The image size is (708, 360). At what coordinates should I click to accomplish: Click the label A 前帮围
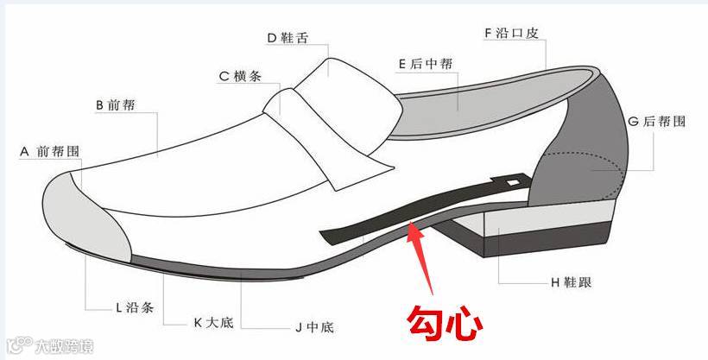[50, 150]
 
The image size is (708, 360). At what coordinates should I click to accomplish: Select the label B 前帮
[114, 105]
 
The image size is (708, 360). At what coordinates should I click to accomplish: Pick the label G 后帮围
[657, 122]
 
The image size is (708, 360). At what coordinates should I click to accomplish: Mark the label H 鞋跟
[571, 282]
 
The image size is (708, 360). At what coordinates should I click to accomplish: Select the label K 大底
[212, 323]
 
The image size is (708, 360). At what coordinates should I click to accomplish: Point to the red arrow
[422, 259]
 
